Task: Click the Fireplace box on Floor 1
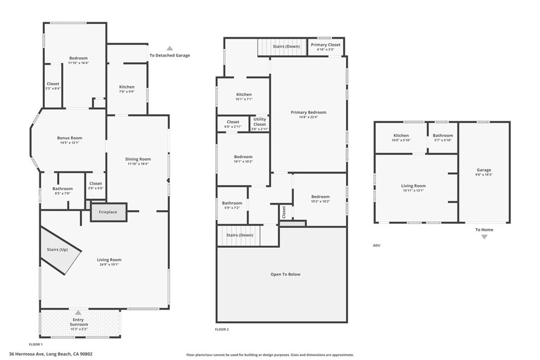108,212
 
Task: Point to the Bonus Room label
70,138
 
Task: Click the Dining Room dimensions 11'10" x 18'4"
138,164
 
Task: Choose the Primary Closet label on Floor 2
325,45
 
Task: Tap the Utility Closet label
260,122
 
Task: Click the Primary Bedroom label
308,112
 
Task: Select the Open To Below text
285,274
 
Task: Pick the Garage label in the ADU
484,170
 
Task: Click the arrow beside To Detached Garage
169,48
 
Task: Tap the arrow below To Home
484,237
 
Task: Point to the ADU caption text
376,246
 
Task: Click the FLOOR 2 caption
222,329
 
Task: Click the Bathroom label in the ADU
442,135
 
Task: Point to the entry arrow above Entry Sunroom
78,313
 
